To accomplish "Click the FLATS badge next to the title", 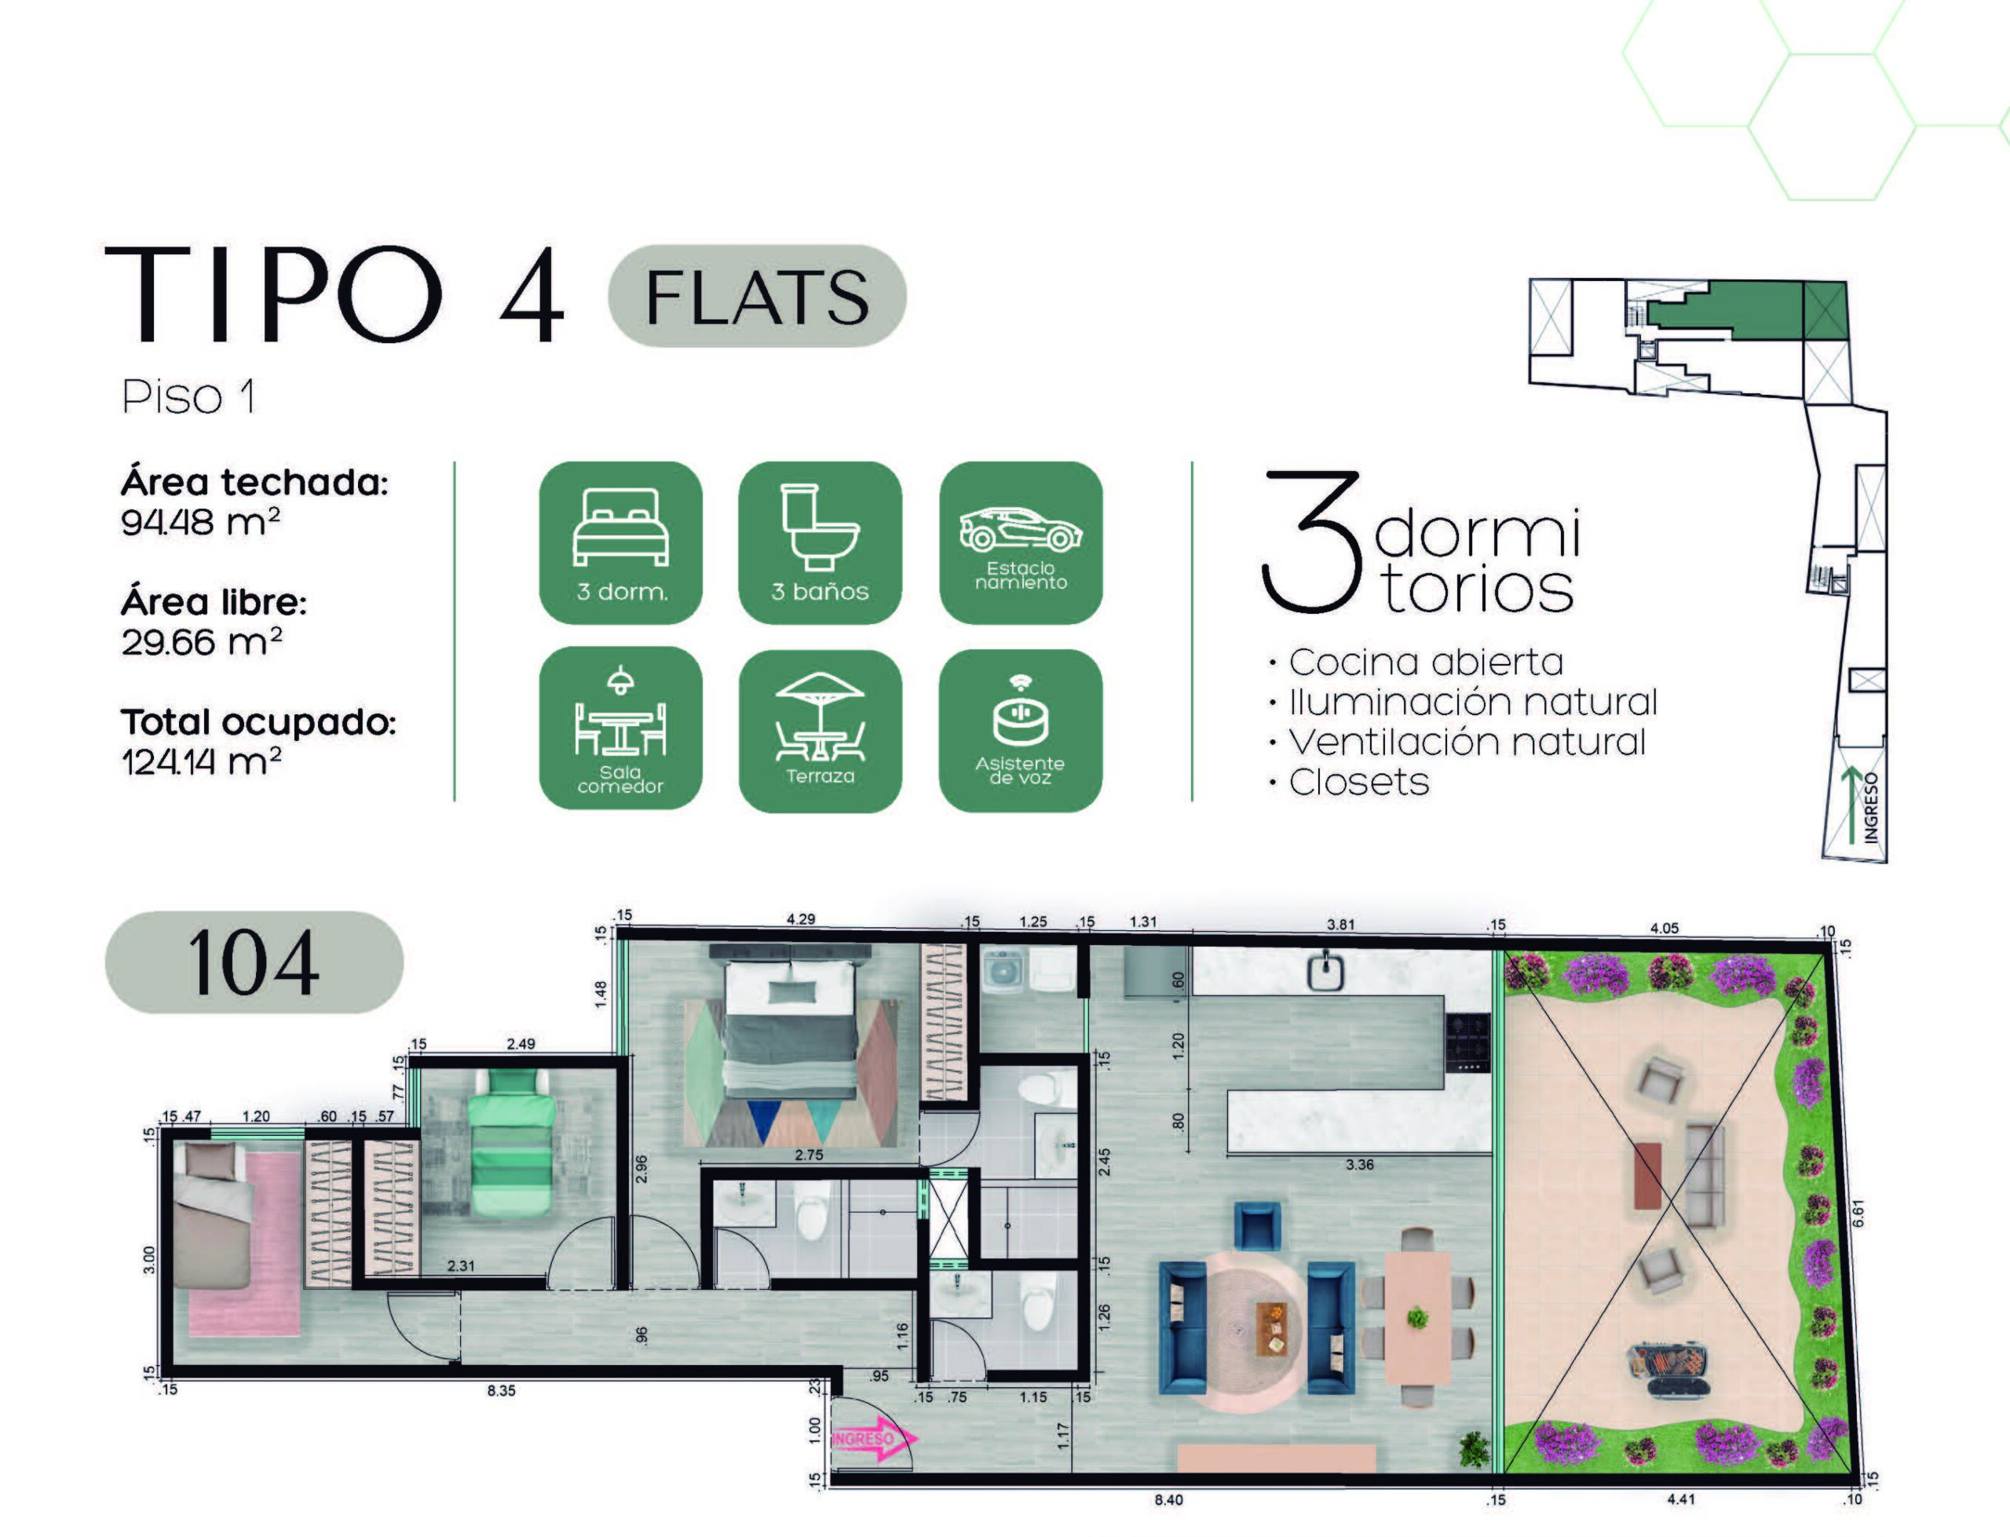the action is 757,295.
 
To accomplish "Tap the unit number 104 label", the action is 254,962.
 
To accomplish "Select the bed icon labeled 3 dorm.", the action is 620,542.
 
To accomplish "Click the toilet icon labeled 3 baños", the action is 820,542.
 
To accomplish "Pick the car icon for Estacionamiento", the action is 1021,542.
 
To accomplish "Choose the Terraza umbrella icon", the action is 820,730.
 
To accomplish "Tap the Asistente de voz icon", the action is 1020,730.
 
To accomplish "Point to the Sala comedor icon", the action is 620,728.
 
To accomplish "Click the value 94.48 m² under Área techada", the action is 200,522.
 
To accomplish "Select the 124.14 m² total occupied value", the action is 201,761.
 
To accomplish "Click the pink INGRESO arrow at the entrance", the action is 874,1439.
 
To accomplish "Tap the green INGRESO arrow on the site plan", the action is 1851,804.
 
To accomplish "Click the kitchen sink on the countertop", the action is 1325,972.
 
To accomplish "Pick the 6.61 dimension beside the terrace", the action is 1857,1213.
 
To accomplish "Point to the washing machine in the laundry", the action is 1003,972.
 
